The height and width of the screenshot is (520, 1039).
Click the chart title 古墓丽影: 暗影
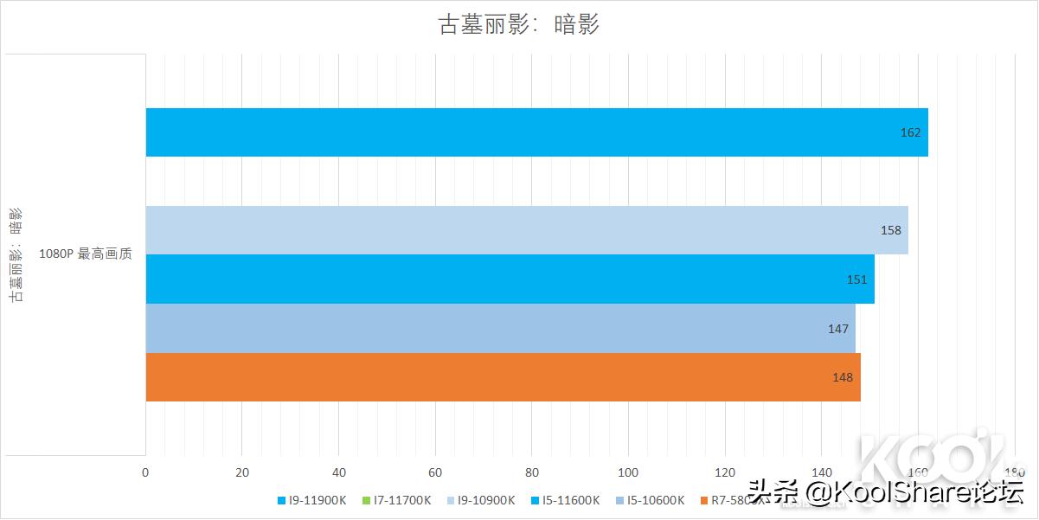point(519,25)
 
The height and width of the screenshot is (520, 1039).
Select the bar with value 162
point(536,132)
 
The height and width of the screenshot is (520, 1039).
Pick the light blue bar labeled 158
point(526,230)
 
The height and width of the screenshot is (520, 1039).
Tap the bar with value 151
point(510,279)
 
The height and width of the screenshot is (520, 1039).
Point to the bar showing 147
point(500,328)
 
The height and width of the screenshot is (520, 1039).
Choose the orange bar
point(503,377)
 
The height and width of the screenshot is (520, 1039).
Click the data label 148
point(843,377)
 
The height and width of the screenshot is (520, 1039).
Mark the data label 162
point(910,132)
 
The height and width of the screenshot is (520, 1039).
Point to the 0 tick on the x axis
point(145,472)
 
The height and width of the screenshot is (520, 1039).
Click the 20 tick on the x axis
point(242,472)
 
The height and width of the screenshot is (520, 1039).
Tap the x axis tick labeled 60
point(435,472)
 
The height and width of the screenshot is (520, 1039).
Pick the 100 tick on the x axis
point(629,472)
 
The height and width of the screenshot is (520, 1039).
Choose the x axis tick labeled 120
point(725,472)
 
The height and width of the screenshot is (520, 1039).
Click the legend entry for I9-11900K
point(311,500)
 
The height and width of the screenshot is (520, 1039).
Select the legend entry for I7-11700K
point(396,500)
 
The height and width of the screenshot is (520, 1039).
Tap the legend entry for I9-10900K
point(481,500)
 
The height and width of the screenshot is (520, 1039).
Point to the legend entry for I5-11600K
point(566,500)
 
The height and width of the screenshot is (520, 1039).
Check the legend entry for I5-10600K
point(651,500)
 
